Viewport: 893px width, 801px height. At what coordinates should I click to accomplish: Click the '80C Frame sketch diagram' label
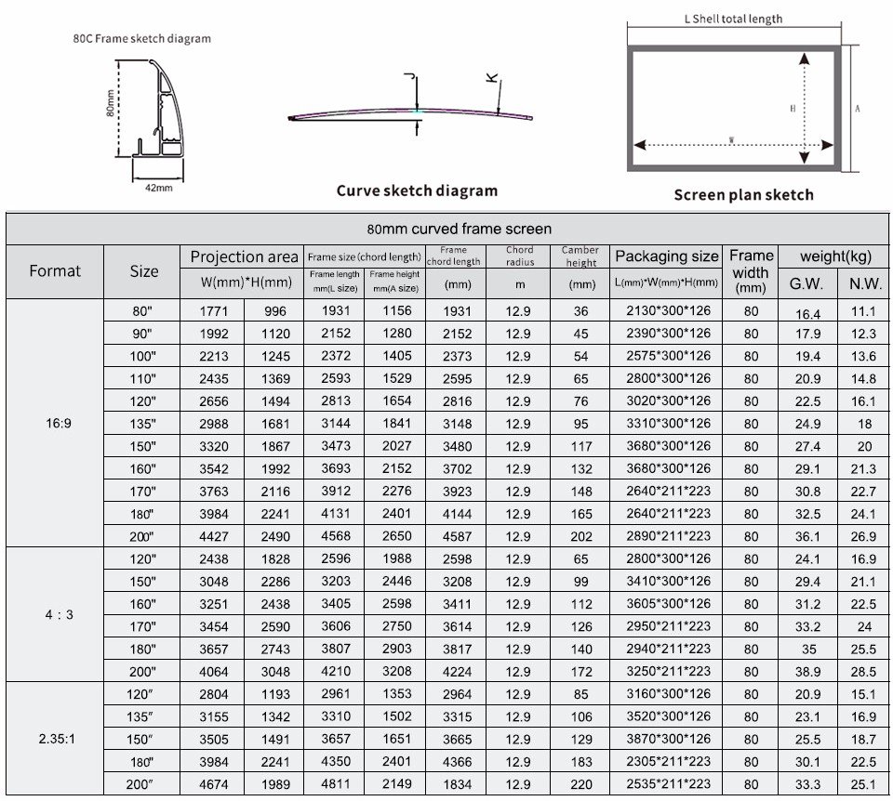click(141, 39)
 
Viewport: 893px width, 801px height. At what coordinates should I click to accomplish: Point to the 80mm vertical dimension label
click(110, 109)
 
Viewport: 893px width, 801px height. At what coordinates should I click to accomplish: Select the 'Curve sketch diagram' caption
click(417, 190)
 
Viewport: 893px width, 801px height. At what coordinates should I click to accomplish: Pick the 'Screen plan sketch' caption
click(743, 194)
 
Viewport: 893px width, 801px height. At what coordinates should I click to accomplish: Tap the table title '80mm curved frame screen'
click(459, 229)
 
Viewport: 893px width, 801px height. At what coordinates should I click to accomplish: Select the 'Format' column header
click(55, 271)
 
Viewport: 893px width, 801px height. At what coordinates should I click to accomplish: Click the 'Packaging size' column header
click(666, 256)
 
